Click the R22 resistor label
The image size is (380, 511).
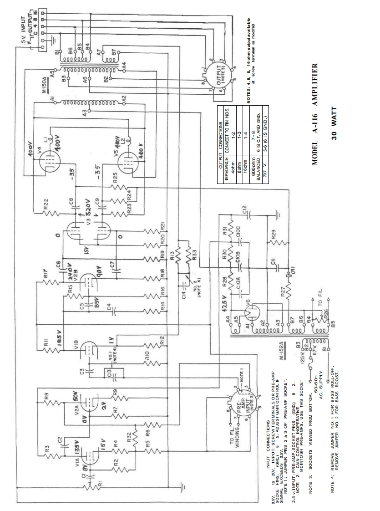pyautogui.click(x=46, y=207)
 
